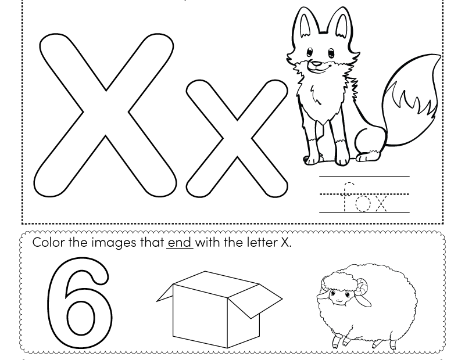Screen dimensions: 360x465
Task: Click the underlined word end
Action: click(180, 243)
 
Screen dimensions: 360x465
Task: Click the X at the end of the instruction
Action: click(285, 243)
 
